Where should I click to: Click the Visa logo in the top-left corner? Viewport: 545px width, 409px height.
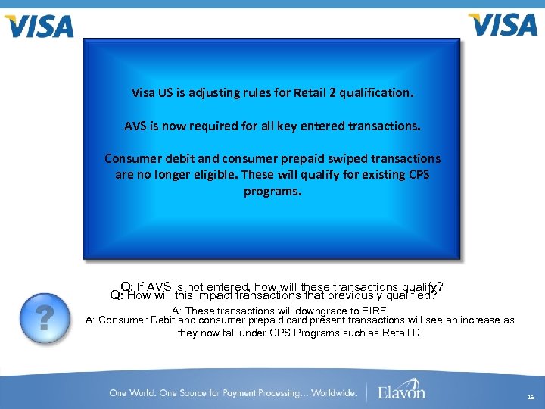pyautogui.click(x=39, y=27)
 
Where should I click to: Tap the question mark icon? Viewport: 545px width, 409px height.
pyautogui.click(x=45, y=317)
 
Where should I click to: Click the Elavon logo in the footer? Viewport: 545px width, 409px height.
pyautogui.click(x=402, y=391)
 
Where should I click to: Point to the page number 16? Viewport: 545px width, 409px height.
pyautogui.click(x=530, y=396)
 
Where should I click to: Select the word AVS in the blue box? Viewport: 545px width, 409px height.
pyautogui.click(x=135, y=126)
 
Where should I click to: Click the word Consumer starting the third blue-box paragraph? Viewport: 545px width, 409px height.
pyautogui.click(x=131, y=159)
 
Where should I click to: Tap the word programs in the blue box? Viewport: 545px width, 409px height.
pyautogui.click(x=270, y=191)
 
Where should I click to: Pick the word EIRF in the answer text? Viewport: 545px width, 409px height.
pyautogui.click(x=373, y=311)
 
